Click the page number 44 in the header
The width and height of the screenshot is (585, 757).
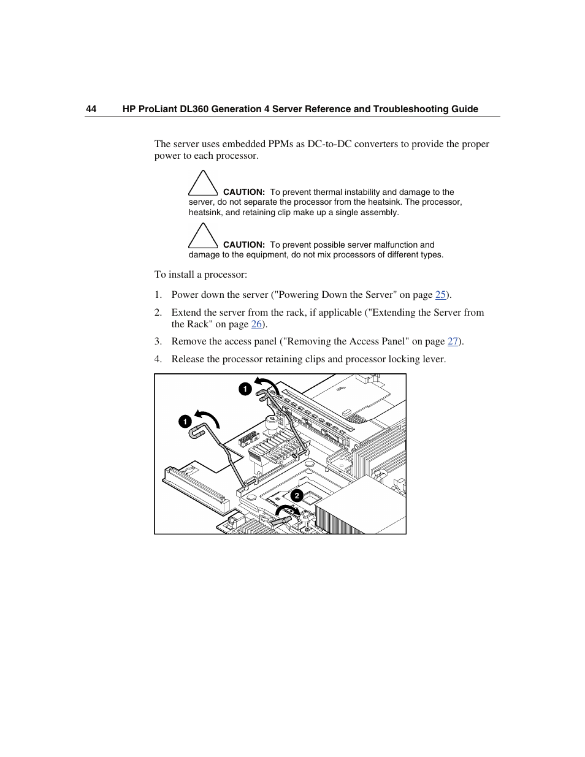point(91,109)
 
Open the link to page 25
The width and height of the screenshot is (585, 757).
point(440,295)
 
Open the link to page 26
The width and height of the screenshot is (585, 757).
point(256,324)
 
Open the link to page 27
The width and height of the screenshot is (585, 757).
point(453,341)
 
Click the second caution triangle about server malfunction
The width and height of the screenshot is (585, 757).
point(203,237)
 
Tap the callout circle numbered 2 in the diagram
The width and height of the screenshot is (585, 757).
point(297,495)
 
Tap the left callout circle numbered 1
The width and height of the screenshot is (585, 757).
point(185,422)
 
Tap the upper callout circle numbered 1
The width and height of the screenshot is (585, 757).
point(245,389)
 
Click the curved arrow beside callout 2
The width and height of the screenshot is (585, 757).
point(287,509)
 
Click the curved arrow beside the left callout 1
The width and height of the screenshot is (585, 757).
point(208,418)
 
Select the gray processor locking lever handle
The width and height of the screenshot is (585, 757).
point(280,520)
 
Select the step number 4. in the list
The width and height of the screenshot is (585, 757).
point(158,359)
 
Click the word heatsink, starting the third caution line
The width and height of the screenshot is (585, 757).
point(205,213)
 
